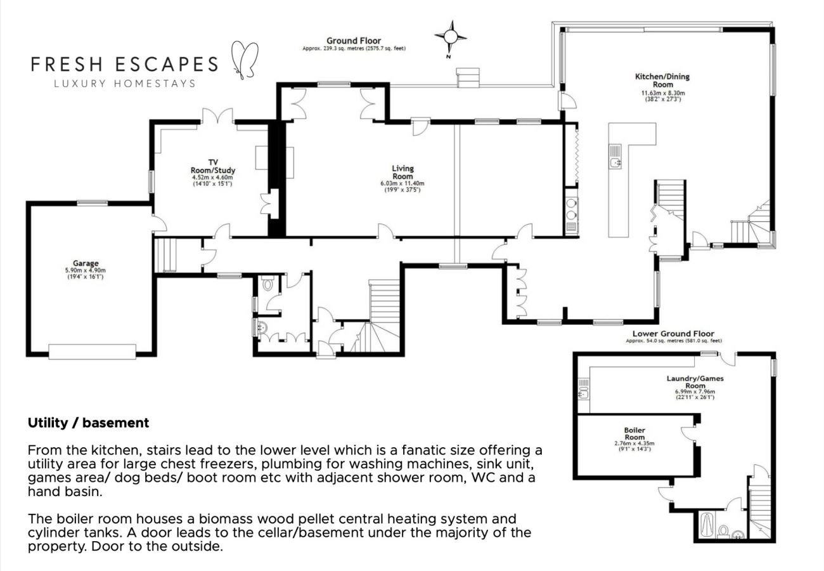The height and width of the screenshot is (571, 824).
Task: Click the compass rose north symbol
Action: pyautogui.click(x=451, y=37)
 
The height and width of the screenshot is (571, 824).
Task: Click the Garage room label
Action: pyautogui.click(x=86, y=263)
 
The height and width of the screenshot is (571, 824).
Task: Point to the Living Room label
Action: pyautogui.click(x=402, y=172)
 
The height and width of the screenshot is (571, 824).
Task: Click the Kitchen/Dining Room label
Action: pyautogui.click(x=662, y=81)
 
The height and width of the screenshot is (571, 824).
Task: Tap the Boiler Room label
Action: pyautogui.click(x=634, y=433)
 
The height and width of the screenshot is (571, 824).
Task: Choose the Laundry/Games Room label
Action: pyautogui.click(x=695, y=382)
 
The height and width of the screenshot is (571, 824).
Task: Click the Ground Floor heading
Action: pyautogui.click(x=354, y=41)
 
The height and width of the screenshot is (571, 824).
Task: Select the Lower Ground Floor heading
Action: pyautogui.click(x=673, y=334)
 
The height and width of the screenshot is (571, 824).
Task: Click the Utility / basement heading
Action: pyautogui.click(x=88, y=423)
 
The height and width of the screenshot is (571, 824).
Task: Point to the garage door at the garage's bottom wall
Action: pyautogui.click(x=93, y=351)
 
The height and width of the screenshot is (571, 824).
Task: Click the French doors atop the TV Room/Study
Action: pyautogui.click(x=218, y=117)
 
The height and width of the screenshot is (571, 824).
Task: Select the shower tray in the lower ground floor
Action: pyautogui.click(x=705, y=525)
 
